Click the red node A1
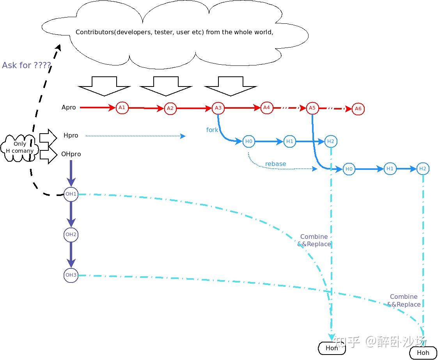coord(122,108)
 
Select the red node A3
coord(218,108)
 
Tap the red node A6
coord(358,109)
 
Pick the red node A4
coord(266,108)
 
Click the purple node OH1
coord(71,194)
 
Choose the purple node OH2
coord(71,235)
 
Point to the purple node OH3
coord(71,275)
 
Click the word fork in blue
coord(212,130)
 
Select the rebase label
coord(275,164)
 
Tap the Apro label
coord(69,107)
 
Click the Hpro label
coord(71,136)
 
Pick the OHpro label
coord(71,154)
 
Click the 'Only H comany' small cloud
coord(20,147)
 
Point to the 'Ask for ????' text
coord(27,65)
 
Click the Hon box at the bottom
coord(332,348)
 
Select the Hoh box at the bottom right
coord(423,353)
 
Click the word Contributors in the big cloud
coord(94,32)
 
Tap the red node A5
coord(312,108)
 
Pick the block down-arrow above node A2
coord(166,86)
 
